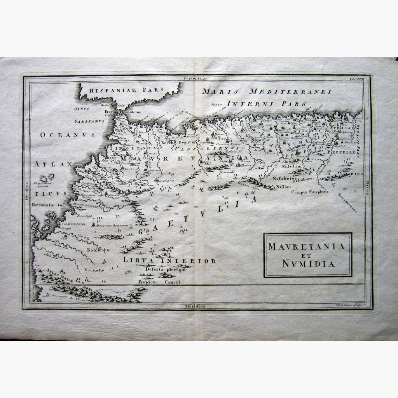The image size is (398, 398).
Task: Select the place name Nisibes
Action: (x=283, y=187)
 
